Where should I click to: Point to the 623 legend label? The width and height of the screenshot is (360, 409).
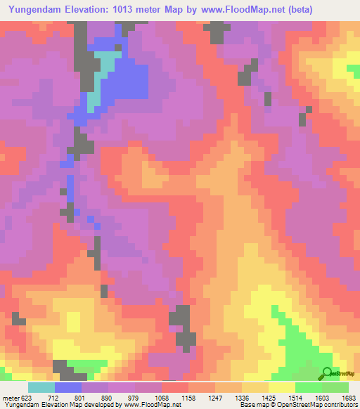coord(25,398)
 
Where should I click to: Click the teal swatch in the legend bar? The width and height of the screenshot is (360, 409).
coord(41,387)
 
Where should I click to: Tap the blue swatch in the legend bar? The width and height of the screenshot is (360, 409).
coord(68,387)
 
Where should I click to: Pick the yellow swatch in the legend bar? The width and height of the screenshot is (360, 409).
coord(282,387)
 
